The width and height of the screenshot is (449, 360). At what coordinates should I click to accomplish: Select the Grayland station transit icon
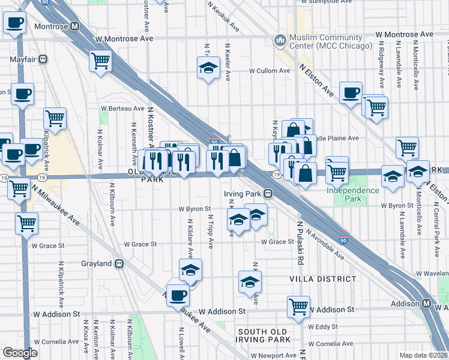(x=120, y=263)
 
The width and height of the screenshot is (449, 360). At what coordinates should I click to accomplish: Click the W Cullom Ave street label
(x=270, y=70)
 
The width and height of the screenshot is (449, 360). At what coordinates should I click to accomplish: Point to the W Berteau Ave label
(x=122, y=109)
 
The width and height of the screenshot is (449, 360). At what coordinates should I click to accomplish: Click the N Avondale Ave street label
(x=325, y=244)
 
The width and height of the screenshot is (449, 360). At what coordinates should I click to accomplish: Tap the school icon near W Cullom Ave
(x=208, y=67)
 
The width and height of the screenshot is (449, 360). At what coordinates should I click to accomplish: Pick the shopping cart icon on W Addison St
(x=298, y=306)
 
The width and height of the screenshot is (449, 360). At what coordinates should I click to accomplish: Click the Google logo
(x=20, y=353)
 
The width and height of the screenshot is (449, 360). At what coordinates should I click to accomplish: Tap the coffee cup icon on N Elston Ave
(x=351, y=93)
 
